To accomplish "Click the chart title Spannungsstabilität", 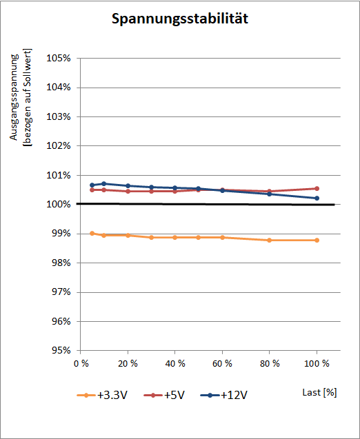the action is pyautogui.click(x=180, y=19).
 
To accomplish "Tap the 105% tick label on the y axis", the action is pyautogui.click(x=58, y=58).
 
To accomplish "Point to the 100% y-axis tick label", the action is pyautogui.click(x=58, y=205).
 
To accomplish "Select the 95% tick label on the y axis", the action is pyautogui.click(x=61, y=351).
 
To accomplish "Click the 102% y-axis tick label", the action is pyautogui.click(x=58, y=146).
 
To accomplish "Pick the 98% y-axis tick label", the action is pyautogui.click(x=61, y=263).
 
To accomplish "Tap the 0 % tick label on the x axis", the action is pyautogui.click(x=81, y=364).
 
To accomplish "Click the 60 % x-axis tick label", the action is pyautogui.click(x=223, y=364).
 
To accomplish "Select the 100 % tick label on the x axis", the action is pyautogui.click(x=317, y=364).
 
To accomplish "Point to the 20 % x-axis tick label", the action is pyautogui.click(x=128, y=364).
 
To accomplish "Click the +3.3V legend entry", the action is pyautogui.click(x=102, y=396).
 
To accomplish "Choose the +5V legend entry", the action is pyautogui.click(x=164, y=396).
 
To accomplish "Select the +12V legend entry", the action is pyautogui.click(x=224, y=396).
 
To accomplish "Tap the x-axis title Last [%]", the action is pyautogui.click(x=320, y=393).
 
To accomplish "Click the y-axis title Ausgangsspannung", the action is pyautogui.click(x=14, y=97).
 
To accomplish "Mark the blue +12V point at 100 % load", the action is pyautogui.click(x=317, y=198).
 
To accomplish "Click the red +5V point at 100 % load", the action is pyautogui.click(x=317, y=189).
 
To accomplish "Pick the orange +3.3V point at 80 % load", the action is pyautogui.click(x=269, y=241).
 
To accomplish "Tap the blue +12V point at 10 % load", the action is pyautogui.click(x=104, y=183).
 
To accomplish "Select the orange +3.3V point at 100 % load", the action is pyautogui.click(x=317, y=241).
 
